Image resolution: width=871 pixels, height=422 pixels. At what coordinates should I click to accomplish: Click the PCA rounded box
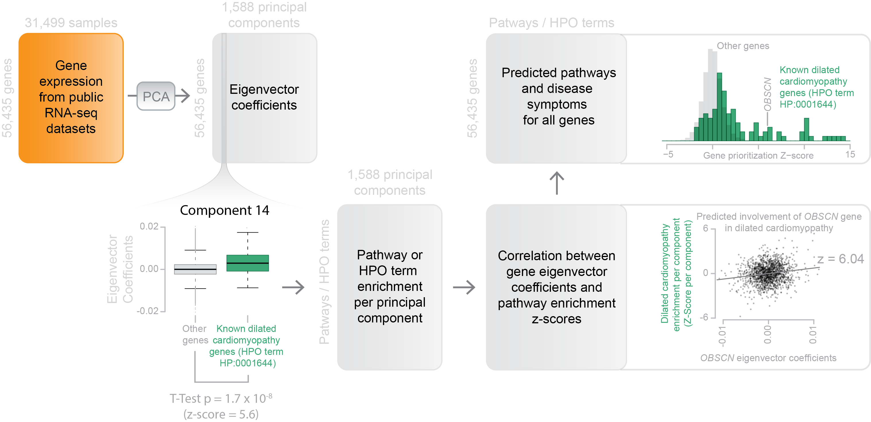(156, 96)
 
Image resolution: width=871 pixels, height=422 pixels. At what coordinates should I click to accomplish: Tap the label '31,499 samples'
(71, 23)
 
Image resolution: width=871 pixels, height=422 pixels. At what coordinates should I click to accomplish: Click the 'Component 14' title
(224, 210)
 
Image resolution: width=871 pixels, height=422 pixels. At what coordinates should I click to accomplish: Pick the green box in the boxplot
(247, 263)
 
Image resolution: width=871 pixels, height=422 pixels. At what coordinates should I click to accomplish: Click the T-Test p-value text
(221, 399)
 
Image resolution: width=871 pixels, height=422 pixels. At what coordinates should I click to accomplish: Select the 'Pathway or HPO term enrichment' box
(390, 287)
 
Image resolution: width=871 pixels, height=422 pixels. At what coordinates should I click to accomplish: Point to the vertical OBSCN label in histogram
(768, 95)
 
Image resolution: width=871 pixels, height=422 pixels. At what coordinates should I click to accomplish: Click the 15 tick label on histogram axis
(850, 154)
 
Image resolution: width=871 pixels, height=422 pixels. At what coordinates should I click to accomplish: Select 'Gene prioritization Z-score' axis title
(758, 155)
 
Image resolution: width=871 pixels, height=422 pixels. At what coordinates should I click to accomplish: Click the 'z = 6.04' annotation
(840, 259)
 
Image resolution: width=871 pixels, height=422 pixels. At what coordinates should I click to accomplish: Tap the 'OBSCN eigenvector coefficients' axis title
(768, 358)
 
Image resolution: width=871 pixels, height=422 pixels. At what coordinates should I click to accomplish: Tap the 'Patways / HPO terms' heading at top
(551, 23)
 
